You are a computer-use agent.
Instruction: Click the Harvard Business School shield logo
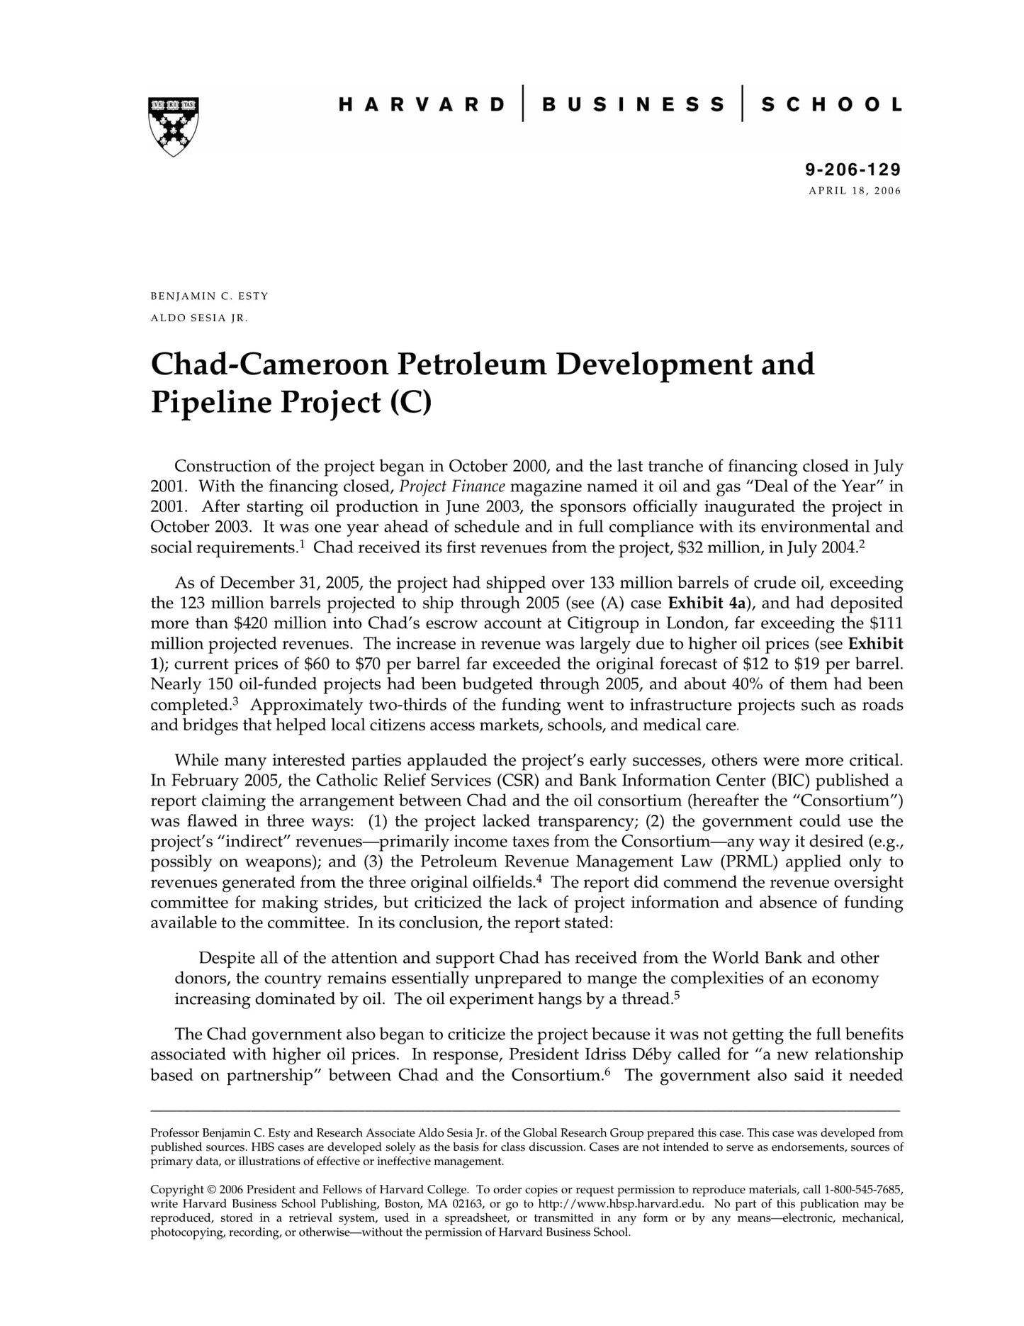click(174, 126)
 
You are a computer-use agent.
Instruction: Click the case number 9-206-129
click(853, 169)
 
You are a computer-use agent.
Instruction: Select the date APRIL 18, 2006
click(855, 191)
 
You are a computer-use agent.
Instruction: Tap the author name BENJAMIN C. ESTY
click(210, 296)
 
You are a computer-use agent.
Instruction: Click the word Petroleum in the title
click(471, 364)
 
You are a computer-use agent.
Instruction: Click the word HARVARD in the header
click(422, 105)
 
